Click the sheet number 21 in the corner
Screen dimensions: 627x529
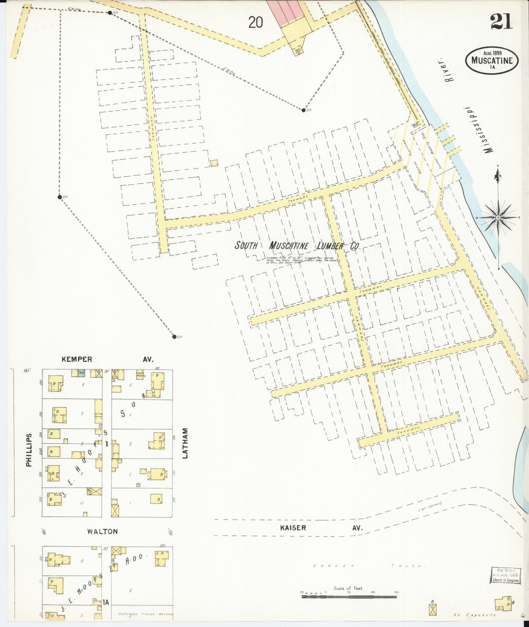[x=502, y=22]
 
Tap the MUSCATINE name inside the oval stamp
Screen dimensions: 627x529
[x=492, y=61]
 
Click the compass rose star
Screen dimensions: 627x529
[x=498, y=217]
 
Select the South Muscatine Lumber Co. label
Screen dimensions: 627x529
[x=297, y=246]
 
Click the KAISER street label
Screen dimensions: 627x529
[x=293, y=527]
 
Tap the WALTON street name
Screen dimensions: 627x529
[x=103, y=532]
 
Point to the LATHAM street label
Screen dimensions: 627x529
[x=185, y=443]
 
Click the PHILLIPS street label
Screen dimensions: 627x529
[x=29, y=450]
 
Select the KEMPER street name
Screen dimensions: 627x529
[x=77, y=360]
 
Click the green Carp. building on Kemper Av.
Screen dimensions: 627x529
[x=82, y=373]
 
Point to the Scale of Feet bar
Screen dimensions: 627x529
[x=349, y=597]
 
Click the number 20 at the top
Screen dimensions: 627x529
[x=256, y=23]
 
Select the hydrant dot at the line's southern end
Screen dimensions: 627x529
[x=174, y=337]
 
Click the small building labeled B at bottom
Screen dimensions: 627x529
[x=433, y=609]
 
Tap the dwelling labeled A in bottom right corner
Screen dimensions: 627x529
[x=503, y=604]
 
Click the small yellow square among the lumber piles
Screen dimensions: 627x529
[x=214, y=163]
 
